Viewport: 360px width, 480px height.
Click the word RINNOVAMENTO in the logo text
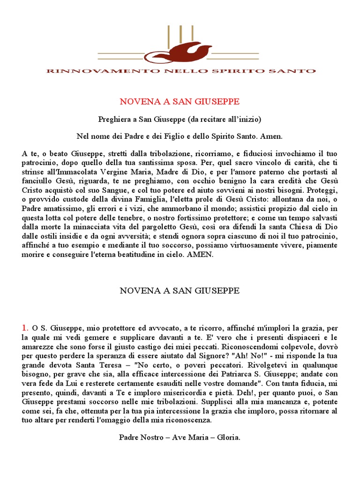coord(82,71)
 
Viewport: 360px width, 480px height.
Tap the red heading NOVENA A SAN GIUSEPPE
coord(180,101)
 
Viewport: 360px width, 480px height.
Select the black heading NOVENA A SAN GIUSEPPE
coord(180,291)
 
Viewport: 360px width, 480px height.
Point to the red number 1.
coord(24,327)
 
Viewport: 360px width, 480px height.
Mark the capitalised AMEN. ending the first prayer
coord(200,255)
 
